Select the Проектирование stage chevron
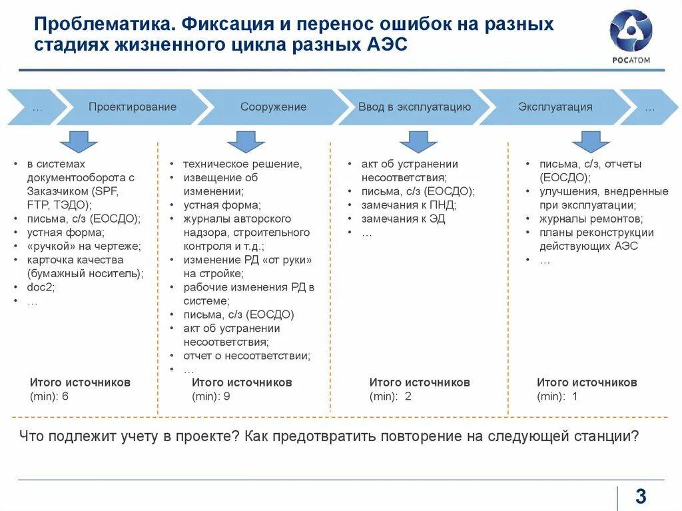pos(133,107)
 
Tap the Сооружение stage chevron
pos(273,107)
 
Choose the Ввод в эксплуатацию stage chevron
pos(414,107)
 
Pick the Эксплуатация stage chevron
pos(555,107)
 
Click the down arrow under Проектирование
pos(79,141)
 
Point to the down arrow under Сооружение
pos(246,141)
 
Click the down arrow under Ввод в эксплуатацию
pos(418,141)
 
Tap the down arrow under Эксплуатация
pos(591,141)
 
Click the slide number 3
pos(641,496)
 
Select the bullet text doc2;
pos(41,287)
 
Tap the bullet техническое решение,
pos(242,164)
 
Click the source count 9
pos(227,396)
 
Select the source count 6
pos(65,396)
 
